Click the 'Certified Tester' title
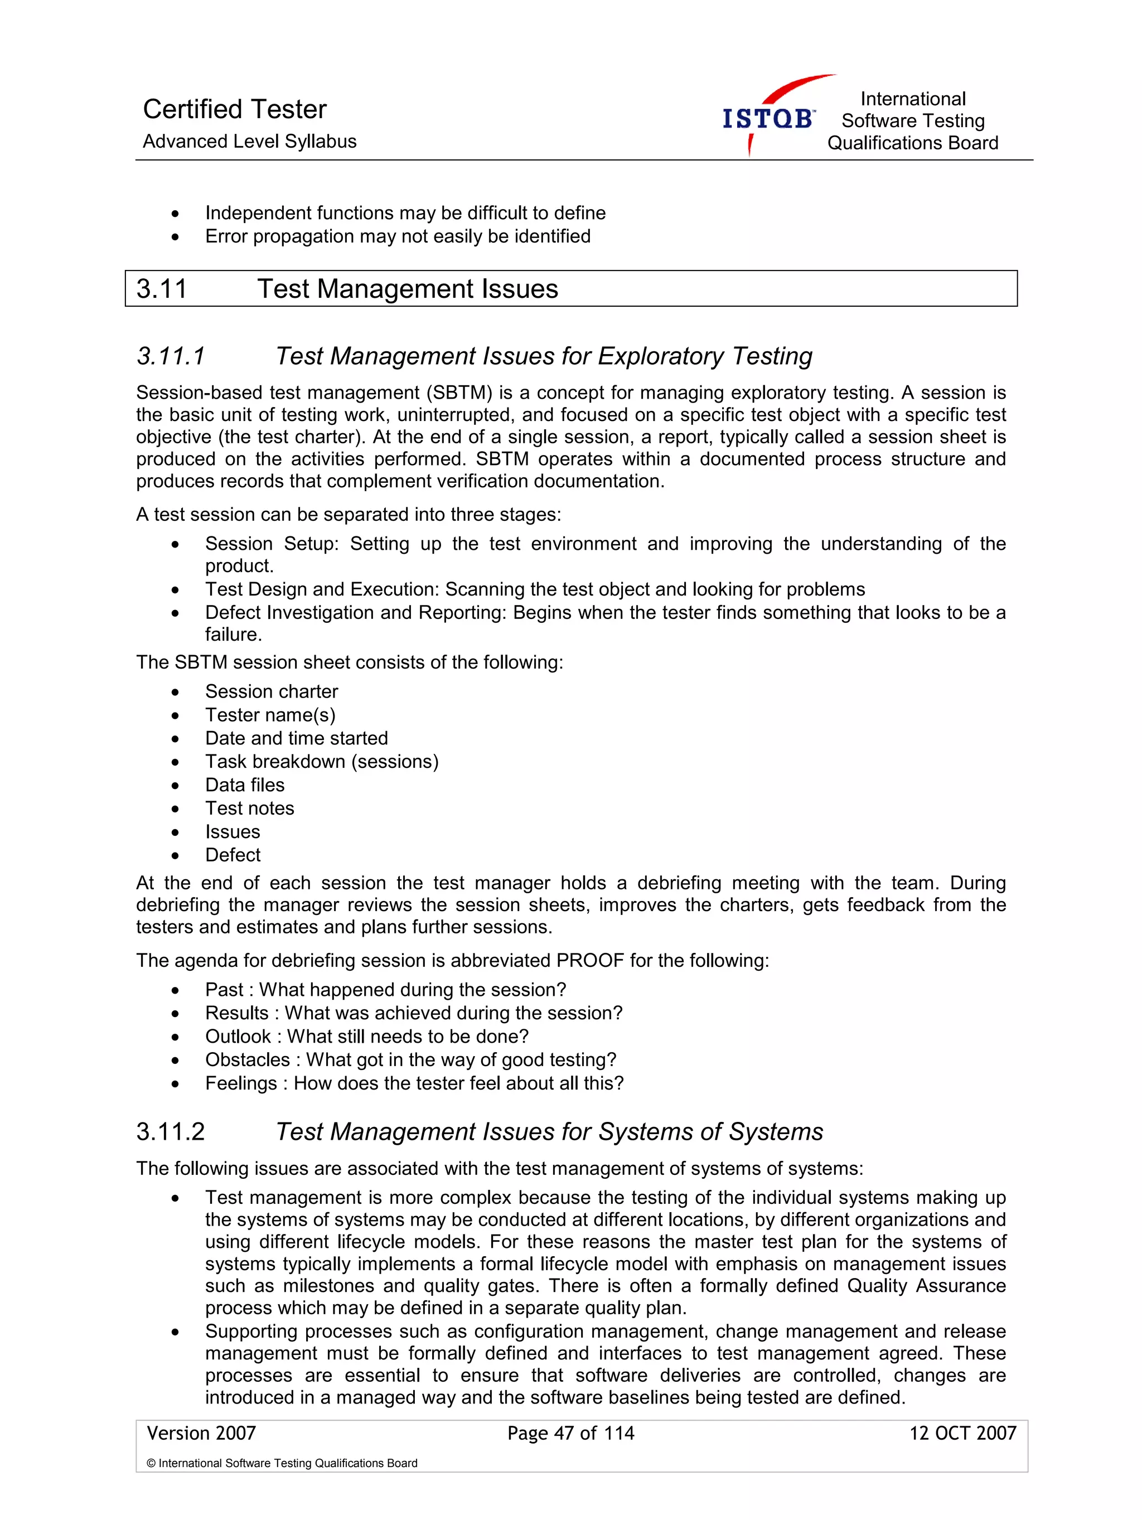[234, 109]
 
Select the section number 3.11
[162, 289]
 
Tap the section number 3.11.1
[171, 356]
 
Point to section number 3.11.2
[171, 1132]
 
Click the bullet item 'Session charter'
[272, 691]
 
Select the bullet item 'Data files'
[245, 785]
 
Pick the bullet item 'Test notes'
[249, 808]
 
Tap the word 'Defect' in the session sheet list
[233, 855]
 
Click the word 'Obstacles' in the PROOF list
[248, 1059]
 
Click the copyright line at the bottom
[282, 1463]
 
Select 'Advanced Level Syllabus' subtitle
[249, 142]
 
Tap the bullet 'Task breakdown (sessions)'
[322, 761]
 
